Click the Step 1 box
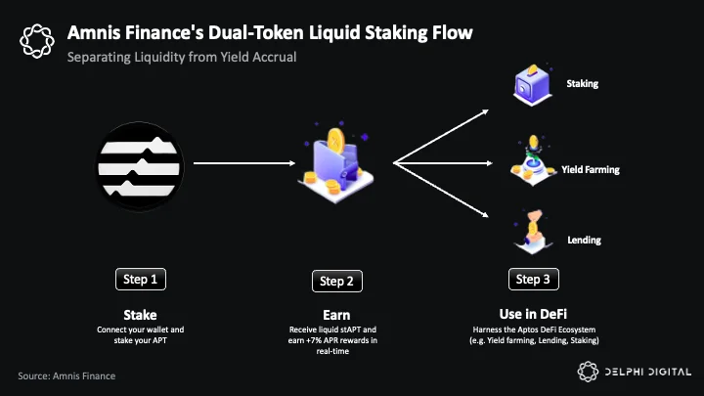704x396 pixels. pyautogui.click(x=141, y=280)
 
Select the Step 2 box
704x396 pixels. pyautogui.click(x=337, y=281)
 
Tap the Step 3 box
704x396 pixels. pyautogui.click(x=534, y=280)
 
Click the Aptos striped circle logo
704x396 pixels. pyautogui.click(x=140, y=166)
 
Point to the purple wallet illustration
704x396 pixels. pyautogui.click(x=335, y=164)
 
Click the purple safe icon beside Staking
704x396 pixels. pyautogui.click(x=533, y=85)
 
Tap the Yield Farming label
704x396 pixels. pyautogui.click(x=591, y=170)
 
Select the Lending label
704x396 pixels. pyautogui.click(x=584, y=241)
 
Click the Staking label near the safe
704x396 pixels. pyautogui.click(x=583, y=83)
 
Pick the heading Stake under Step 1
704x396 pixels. pyautogui.click(x=140, y=315)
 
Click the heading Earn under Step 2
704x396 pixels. pyautogui.click(x=336, y=315)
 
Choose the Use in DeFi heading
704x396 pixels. pyautogui.click(x=534, y=314)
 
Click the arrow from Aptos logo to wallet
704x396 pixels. pyautogui.click(x=244, y=163)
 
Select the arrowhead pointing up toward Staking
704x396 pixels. pyautogui.click(x=485, y=111)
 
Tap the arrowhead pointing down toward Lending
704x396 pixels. pyautogui.click(x=485, y=215)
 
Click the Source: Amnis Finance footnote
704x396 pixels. pyautogui.click(x=66, y=375)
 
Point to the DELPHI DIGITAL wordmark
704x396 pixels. pyautogui.click(x=648, y=372)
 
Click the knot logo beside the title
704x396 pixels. pyautogui.click(x=37, y=41)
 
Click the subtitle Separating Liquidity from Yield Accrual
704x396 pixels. pyautogui.click(x=182, y=58)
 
